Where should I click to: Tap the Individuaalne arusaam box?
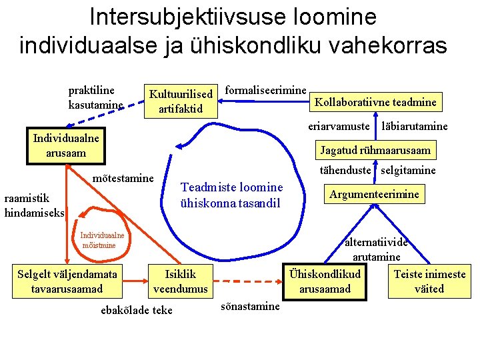[66, 146]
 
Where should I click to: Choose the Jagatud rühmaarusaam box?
[375, 150]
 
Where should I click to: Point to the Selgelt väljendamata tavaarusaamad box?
[67, 281]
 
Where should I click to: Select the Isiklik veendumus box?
[181, 281]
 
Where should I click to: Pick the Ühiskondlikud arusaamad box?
[325, 281]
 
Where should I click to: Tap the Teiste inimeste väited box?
[429, 281]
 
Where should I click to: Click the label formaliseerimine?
[266, 89]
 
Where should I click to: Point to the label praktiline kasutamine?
[95, 97]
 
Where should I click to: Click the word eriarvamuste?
[339, 126]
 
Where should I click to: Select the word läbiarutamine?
[414, 126]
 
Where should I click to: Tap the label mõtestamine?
[123, 178]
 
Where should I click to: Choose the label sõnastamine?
[250, 306]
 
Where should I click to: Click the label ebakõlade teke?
[136, 309]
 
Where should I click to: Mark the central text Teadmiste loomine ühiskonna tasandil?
[231, 195]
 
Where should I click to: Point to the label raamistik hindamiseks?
[33, 205]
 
